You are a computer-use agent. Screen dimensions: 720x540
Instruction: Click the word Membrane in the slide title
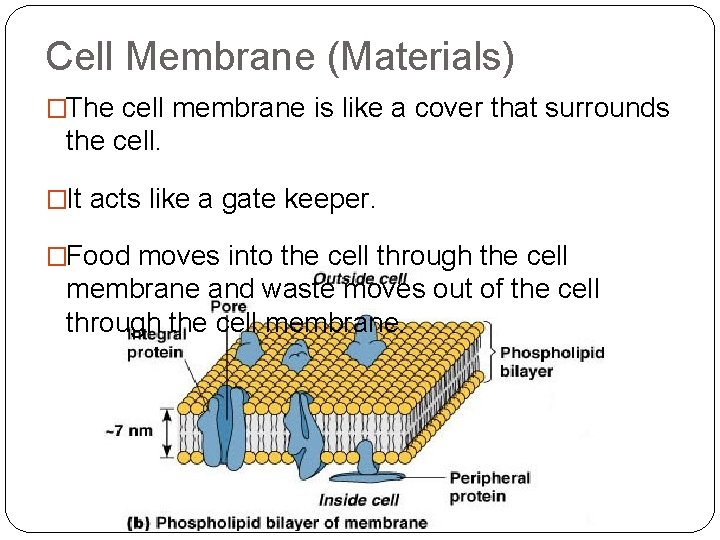tap(227, 57)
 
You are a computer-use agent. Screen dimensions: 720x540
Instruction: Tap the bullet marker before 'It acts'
tap(54, 200)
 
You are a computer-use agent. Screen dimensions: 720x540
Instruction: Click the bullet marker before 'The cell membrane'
tap(54, 109)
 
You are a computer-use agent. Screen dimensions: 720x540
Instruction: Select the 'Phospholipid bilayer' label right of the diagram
tap(551, 362)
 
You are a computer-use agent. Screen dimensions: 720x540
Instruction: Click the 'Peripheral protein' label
tap(489, 487)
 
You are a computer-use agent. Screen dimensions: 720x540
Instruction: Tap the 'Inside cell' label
tap(359, 500)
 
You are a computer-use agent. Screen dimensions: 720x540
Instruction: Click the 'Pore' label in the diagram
tap(228, 307)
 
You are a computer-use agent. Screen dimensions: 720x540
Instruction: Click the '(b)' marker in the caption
tap(140, 522)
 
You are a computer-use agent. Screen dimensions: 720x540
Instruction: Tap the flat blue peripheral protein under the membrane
tap(370, 463)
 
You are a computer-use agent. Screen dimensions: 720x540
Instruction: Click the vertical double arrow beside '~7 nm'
tap(167, 431)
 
